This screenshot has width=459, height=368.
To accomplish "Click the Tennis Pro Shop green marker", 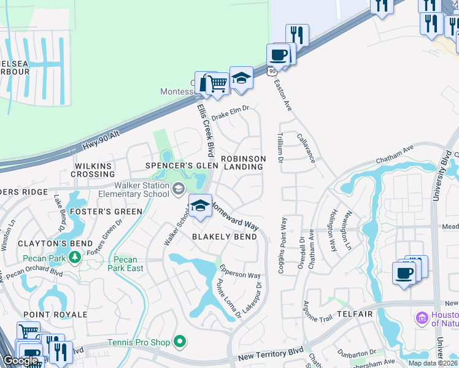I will [180, 340].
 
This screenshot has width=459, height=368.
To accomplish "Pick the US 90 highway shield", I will [271, 72].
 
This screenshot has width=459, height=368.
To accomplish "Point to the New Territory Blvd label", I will [271, 354].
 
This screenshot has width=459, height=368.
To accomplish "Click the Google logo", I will [20, 361].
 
